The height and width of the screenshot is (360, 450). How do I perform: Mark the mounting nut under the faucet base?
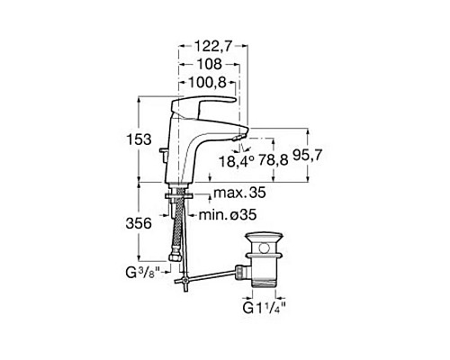click(180, 192)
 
